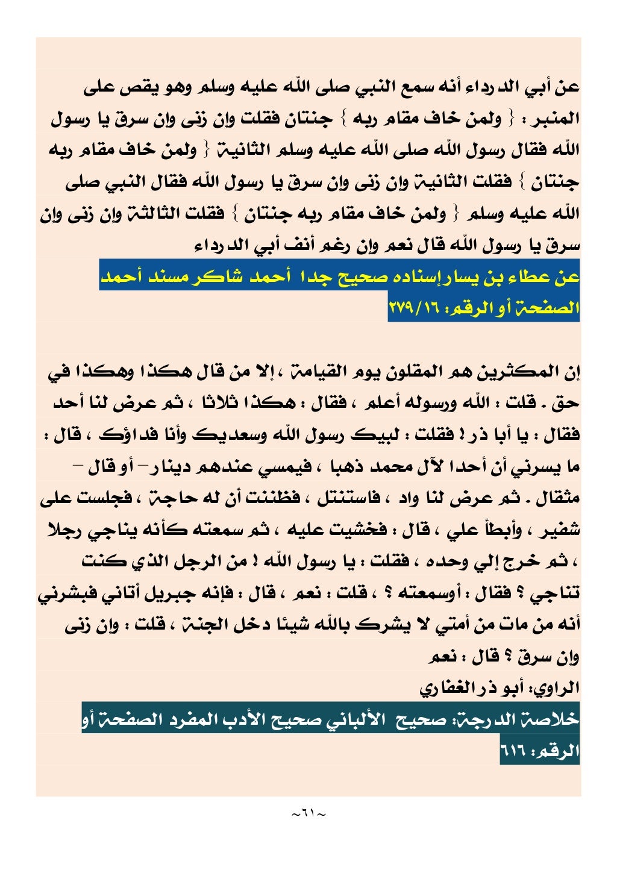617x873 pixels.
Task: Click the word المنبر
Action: coord(557,119)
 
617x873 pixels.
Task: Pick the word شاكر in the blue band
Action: coord(213,277)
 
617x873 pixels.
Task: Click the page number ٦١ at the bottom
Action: coord(308,815)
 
